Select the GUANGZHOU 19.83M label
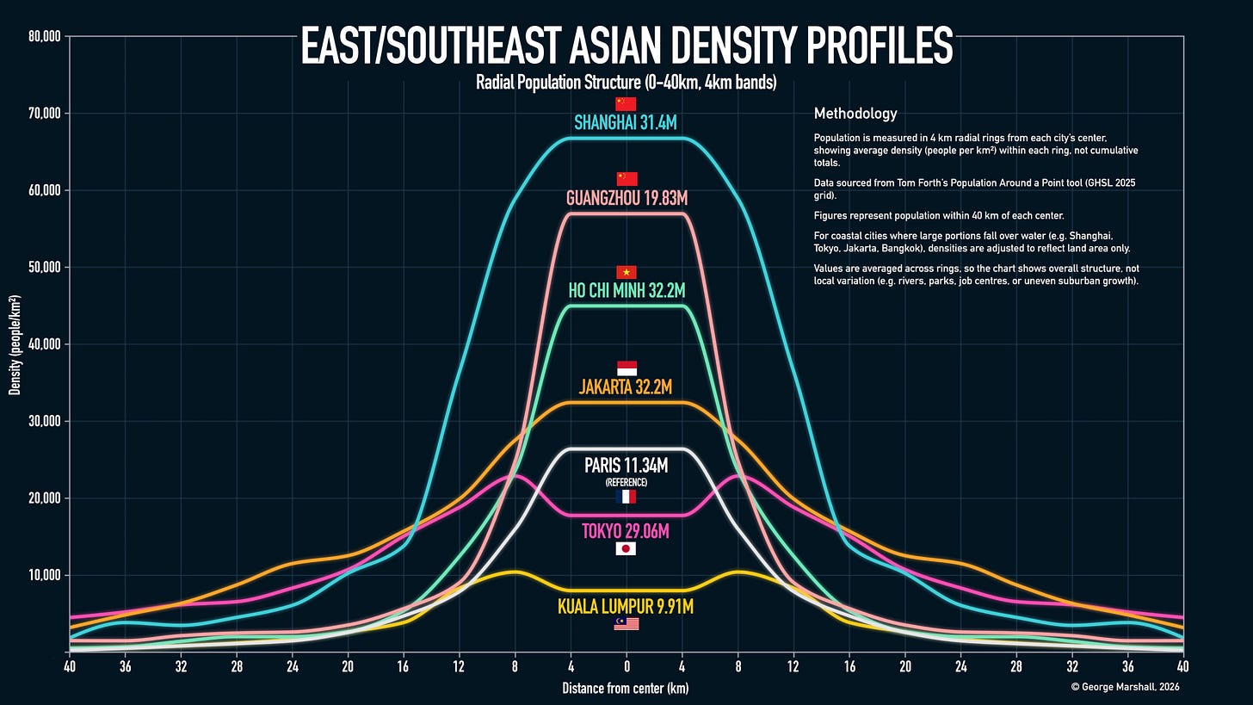pyautogui.click(x=626, y=198)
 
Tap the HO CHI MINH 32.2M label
pyautogui.click(x=626, y=290)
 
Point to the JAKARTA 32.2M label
pyautogui.click(x=626, y=387)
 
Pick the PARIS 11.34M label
pyautogui.click(x=626, y=466)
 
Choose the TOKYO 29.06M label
pyautogui.click(x=626, y=531)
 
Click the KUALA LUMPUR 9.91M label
pyautogui.click(x=626, y=607)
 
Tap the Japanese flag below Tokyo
pyautogui.click(x=626, y=548)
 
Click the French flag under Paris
pyautogui.click(x=626, y=497)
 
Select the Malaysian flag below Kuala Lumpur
pyautogui.click(x=626, y=624)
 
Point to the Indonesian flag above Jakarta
pyautogui.click(x=626, y=368)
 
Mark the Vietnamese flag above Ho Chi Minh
pyautogui.click(x=626, y=272)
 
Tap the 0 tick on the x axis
pyautogui.click(x=626, y=666)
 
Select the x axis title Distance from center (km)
pyautogui.click(x=626, y=688)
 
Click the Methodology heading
pyautogui.click(x=855, y=114)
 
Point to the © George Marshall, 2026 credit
pyautogui.click(x=1125, y=687)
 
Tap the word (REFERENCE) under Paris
pyautogui.click(x=626, y=483)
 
